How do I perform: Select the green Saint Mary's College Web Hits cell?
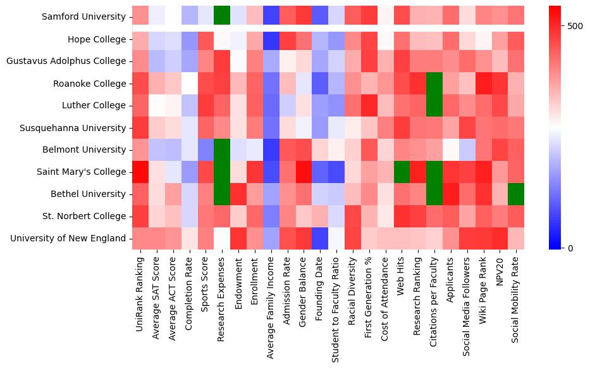(x=402, y=172)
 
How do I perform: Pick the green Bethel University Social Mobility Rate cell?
(x=517, y=194)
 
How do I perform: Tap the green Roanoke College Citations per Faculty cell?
(x=434, y=83)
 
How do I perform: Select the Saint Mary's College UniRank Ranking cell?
(x=140, y=172)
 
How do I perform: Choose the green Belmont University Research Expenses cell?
(x=222, y=149)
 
